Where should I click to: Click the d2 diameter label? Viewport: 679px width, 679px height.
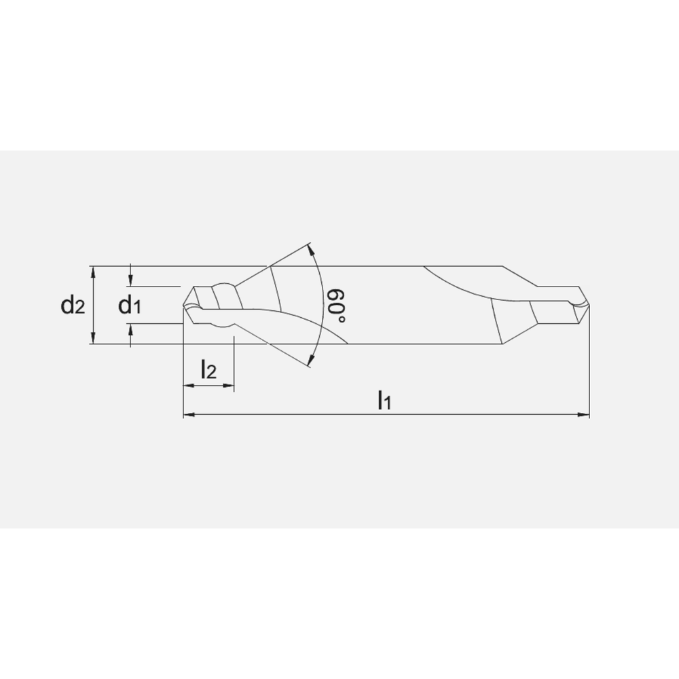73,306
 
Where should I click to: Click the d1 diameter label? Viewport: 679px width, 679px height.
130,306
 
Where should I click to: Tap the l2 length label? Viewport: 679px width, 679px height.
208,370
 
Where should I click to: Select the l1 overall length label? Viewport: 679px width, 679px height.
384,400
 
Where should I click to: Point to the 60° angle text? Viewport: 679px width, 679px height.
335,306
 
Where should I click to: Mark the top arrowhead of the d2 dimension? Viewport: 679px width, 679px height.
93,271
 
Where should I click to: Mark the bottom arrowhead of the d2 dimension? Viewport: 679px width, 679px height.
93,339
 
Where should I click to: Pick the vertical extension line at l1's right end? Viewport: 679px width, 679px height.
589,360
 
